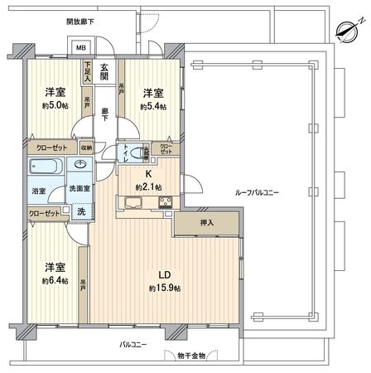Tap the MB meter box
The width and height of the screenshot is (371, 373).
tap(82, 48)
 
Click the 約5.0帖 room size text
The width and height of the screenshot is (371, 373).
tap(55, 106)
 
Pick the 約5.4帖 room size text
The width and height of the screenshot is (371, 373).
tap(152, 106)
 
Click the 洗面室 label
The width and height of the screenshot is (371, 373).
tap(79, 190)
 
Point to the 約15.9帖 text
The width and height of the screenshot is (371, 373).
tap(165, 288)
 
